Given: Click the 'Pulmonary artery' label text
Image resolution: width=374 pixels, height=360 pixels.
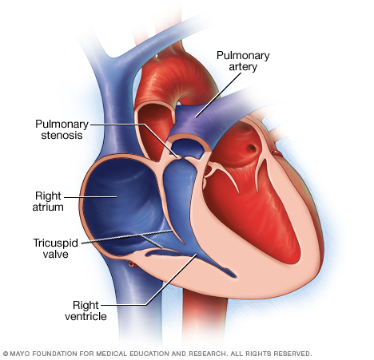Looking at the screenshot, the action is coord(243,61).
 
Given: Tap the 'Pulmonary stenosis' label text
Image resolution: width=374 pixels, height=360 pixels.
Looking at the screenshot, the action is coord(62,129).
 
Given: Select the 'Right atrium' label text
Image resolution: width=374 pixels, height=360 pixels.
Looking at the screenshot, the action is coord(48,201).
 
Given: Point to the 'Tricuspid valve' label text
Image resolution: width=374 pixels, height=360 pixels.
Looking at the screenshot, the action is coord(55,248).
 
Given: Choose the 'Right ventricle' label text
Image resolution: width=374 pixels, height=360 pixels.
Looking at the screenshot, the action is coord(86,311).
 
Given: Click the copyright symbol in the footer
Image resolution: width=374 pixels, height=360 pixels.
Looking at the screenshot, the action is coord(6,354).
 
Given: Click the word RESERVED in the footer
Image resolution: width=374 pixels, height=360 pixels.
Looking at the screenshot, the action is coord(292,354).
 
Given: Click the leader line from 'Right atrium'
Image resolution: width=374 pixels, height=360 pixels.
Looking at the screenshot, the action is coord(90,197).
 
